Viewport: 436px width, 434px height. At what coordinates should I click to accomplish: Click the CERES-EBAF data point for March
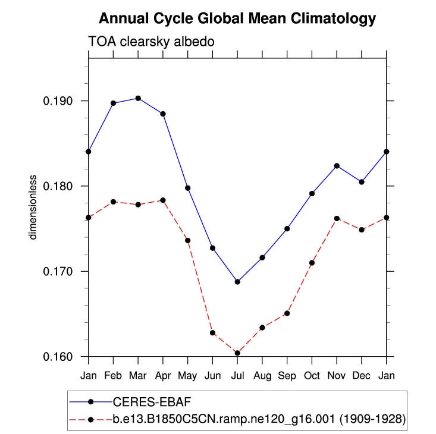pyautogui.click(x=138, y=98)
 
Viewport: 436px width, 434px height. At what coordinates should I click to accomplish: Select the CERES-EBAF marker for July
pyautogui.click(x=237, y=282)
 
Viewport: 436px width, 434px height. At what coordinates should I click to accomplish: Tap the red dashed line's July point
pyautogui.click(x=237, y=353)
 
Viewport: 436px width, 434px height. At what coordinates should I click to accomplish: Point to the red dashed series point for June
pyautogui.click(x=212, y=333)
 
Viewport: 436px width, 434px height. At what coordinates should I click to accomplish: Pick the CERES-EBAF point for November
pyautogui.click(x=337, y=166)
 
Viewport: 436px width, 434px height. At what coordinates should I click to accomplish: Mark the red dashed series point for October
pyautogui.click(x=312, y=263)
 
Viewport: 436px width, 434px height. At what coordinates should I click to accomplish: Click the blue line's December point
pyautogui.click(x=362, y=182)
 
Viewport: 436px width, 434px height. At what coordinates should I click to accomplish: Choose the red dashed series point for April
pyautogui.click(x=163, y=200)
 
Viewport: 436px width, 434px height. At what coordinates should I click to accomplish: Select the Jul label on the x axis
pyautogui.click(x=237, y=376)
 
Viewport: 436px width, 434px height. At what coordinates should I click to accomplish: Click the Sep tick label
pyautogui.click(x=287, y=376)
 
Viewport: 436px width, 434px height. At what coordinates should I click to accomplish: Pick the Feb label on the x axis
pyautogui.click(x=113, y=376)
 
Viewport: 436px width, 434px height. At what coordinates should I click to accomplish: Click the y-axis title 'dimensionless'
pyautogui.click(x=34, y=207)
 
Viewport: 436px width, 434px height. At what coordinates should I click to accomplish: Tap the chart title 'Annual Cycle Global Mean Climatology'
pyautogui.click(x=237, y=18)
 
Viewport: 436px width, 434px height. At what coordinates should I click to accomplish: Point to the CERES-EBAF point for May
pyautogui.click(x=188, y=188)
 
